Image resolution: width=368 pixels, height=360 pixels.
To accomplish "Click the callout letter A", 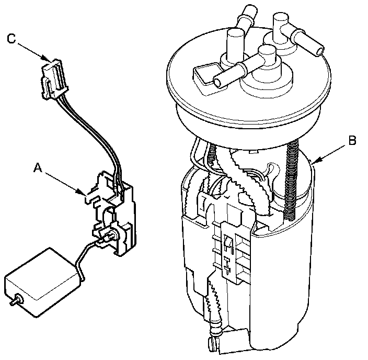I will click(37, 168).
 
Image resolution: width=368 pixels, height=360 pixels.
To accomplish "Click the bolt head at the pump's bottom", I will click(213, 344).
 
